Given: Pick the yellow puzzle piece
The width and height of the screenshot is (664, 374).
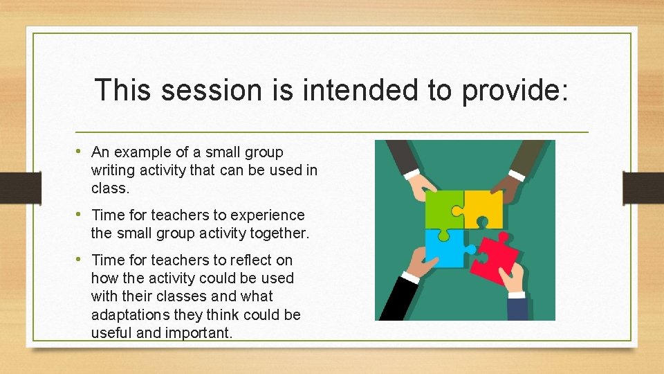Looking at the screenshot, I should tap(484, 208).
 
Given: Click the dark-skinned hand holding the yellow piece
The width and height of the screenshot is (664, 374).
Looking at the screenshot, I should tap(512, 180).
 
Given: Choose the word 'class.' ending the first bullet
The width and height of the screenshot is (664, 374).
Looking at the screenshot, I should tap(110, 188).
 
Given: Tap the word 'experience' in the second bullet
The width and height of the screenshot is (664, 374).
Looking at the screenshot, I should tap(272, 215).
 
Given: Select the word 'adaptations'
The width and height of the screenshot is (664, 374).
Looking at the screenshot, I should tap(131, 314).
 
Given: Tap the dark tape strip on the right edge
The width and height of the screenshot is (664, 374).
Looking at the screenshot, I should tap(643, 186).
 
